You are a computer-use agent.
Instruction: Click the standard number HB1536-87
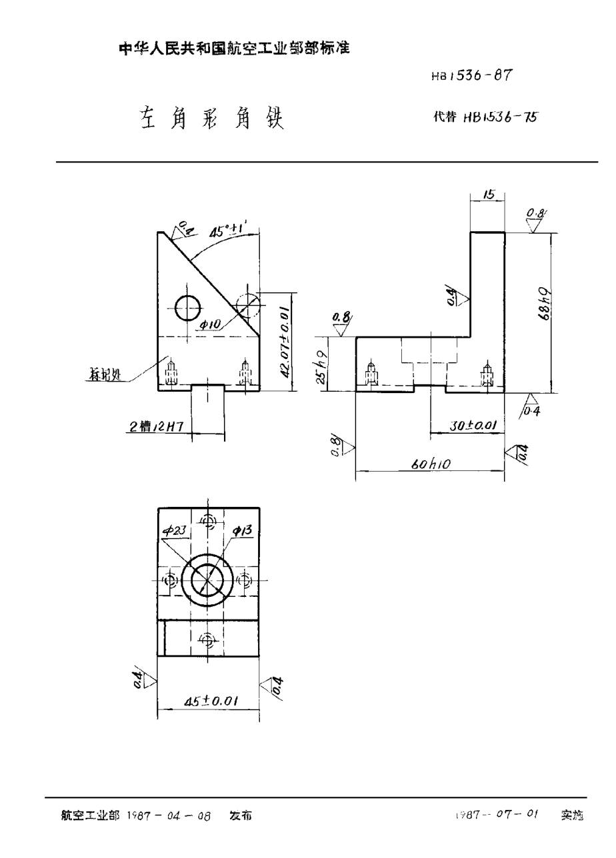[471, 76]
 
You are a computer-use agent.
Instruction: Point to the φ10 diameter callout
[210, 324]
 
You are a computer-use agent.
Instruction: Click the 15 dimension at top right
[487, 195]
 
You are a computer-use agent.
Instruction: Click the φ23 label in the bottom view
[175, 530]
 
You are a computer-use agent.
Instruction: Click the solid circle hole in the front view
[188, 307]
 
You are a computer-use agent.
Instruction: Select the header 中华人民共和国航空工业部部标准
[234, 49]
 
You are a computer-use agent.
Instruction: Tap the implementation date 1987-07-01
[497, 815]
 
